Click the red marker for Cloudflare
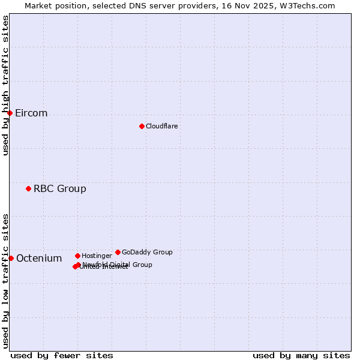pyautogui.click(x=142, y=126)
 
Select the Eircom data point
pyautogui.click(x=10, y=113)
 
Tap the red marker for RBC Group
pyautogui.click(x=28, y=188)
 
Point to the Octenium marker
pyautogui.click(x=11, y=258)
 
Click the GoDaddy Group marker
pyautogui.click(x=118, y=252)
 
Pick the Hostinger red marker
pyautogui.click(x=77, y=256)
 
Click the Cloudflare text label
pyautogui.click(x=162, y=126)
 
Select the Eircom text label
pyautogui.click(x=31, y=113)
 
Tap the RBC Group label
pyautogui.click(x=60, y=189)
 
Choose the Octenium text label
pyautogui.click(x=39, y=259)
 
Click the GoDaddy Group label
pyautogui.click(x=147, y=252)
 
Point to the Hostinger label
pyautogui.click(x=97, y=256)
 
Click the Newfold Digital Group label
pyautogui.click(x=118, y=265)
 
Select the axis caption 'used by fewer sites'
pyautogui.click(x=62, y=355)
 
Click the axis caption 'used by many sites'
pyautogui.click(x=301, y=355)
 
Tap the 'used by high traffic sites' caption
pyautogui.click(x=6, y=85)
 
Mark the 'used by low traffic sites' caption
pyautogui.click(x=6, y=280)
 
